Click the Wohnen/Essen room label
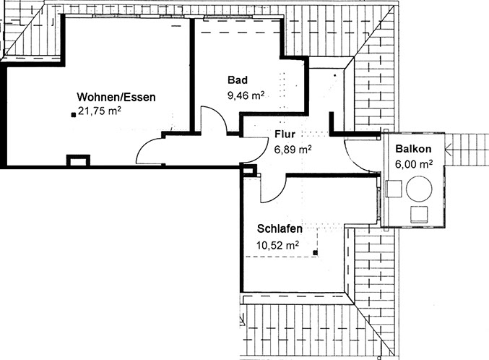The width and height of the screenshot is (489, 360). [116, 97]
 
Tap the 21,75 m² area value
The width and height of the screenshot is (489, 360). [100, 111]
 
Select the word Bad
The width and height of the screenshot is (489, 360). [238, 80]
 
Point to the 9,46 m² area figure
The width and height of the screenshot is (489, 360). [246, 95]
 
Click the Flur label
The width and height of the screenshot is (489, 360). [285, 134]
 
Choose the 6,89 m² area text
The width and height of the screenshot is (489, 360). [293, 150]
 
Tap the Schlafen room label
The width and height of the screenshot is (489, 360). [280, 229]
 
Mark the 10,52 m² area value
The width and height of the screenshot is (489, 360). [277, 245]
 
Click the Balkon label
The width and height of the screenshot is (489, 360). [414, 149]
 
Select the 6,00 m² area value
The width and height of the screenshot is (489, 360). [414, 164]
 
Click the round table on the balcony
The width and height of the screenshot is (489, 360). [419, 189]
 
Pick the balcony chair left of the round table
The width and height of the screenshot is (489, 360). [394, 189]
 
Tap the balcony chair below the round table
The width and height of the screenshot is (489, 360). [419, 215]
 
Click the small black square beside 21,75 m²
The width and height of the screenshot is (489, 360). [74, 115]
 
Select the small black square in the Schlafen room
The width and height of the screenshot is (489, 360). [316, 252]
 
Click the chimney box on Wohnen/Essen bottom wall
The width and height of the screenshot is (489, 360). [78, 160]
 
